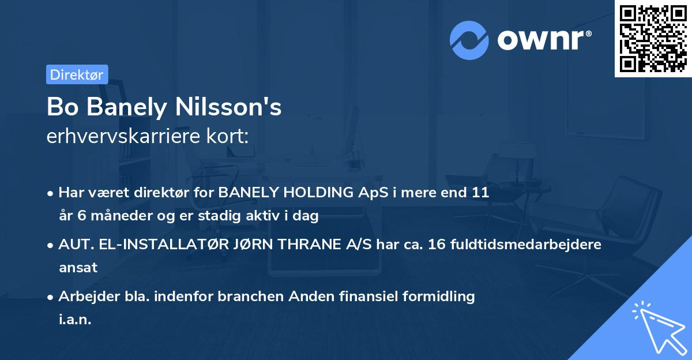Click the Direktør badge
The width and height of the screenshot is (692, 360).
[77, 74]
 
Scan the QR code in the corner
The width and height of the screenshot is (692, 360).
[653, 38]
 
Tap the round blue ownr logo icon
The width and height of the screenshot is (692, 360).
[469, 40]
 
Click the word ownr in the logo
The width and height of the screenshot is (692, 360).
[544, 40]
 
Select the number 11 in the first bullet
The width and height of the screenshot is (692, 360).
[480, 193]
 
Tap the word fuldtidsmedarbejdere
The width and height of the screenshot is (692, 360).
[516, 245]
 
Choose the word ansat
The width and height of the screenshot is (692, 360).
[78, 268]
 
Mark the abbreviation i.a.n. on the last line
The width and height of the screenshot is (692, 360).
[75, 319]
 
